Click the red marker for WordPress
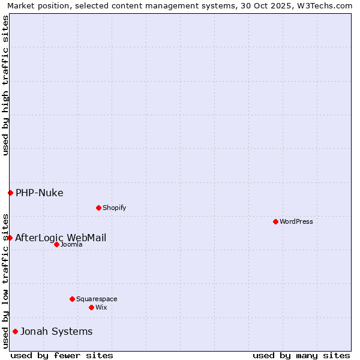[275, 221]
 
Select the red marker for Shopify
[98, 208]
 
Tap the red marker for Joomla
[56, 244]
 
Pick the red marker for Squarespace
[72, 299]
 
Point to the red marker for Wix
[91, 307]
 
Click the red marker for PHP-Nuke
[10, 193]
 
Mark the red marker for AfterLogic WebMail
[10, 238]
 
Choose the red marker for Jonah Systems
[15, 331]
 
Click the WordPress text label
[296, 221]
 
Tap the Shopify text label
[114, 208]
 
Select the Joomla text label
[71, 244]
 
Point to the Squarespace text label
[97, 299]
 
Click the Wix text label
[101, 307]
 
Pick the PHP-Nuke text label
[40, 193]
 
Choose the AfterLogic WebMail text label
[61, 238]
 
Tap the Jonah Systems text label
[56, 331]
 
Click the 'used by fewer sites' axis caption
[62, 355]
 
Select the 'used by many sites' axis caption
[301, 355]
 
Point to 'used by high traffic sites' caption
[6, 85]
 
